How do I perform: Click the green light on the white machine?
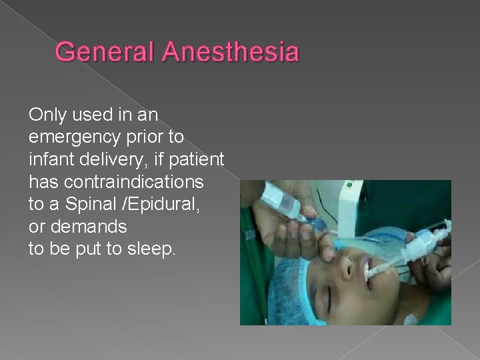tap(347, 185)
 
